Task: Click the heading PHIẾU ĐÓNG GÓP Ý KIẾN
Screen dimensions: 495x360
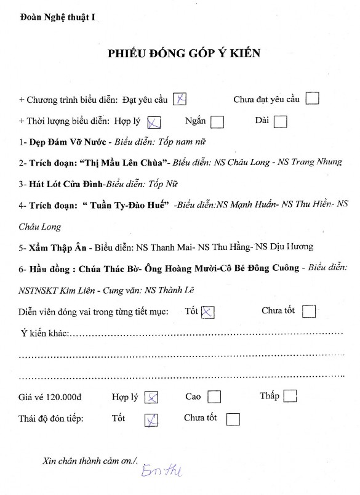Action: click(184, 54)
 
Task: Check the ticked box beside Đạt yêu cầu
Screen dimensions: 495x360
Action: click(180, 99)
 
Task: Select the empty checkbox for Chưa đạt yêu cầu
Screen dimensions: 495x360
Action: click(312, 99)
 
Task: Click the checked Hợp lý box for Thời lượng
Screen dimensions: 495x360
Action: click(155, 121)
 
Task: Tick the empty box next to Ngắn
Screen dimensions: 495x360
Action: click(217, 121)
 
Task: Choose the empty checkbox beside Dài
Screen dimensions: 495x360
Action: click(280, 121)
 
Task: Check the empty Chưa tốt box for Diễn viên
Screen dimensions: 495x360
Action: click(309, 312)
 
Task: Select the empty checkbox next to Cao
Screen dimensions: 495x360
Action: click(214, 396)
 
